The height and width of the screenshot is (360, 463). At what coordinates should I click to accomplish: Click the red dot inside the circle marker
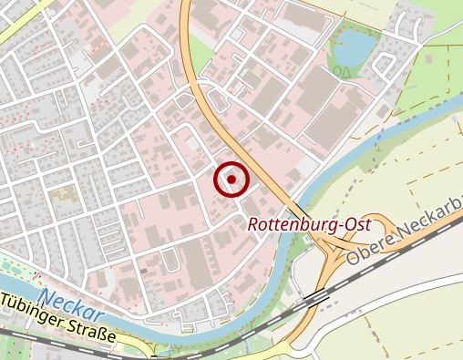pos(231,180)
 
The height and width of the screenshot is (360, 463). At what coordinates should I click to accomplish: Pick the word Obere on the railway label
pos(365,248)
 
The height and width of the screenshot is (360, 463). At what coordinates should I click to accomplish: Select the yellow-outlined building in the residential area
pos(62,193)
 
